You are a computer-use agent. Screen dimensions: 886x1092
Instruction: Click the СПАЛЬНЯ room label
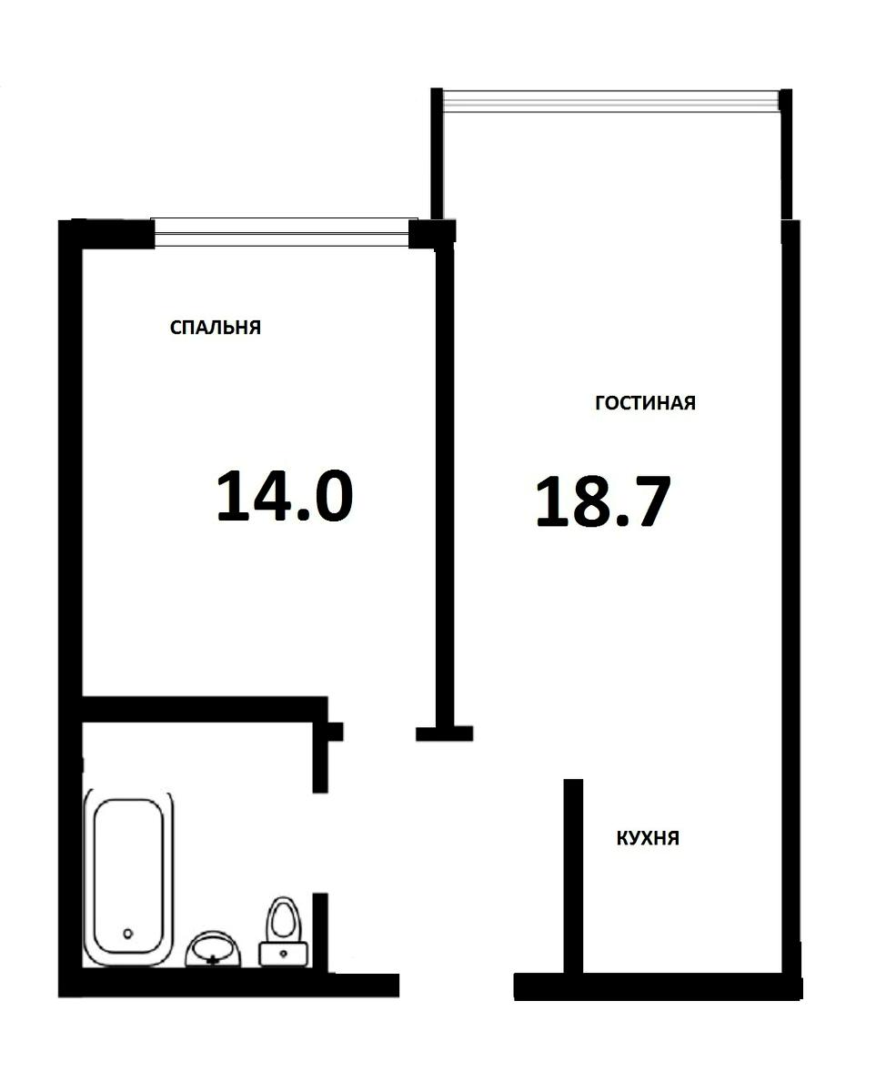216,327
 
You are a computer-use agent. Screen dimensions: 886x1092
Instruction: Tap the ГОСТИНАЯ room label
645,402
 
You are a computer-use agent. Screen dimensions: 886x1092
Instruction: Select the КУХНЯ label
647,838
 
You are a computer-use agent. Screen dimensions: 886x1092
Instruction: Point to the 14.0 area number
285,496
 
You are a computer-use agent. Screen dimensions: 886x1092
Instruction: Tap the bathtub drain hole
128,934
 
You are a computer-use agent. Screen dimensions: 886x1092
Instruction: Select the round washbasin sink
213,949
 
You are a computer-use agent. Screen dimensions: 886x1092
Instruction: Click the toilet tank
284,955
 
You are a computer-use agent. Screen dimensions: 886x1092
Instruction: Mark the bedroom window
282,232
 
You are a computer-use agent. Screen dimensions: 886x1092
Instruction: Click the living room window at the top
610,101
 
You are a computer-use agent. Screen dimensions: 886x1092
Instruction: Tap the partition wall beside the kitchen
573,876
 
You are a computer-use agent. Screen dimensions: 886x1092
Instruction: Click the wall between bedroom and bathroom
205,709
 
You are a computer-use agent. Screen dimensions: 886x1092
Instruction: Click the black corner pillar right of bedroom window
431,233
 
